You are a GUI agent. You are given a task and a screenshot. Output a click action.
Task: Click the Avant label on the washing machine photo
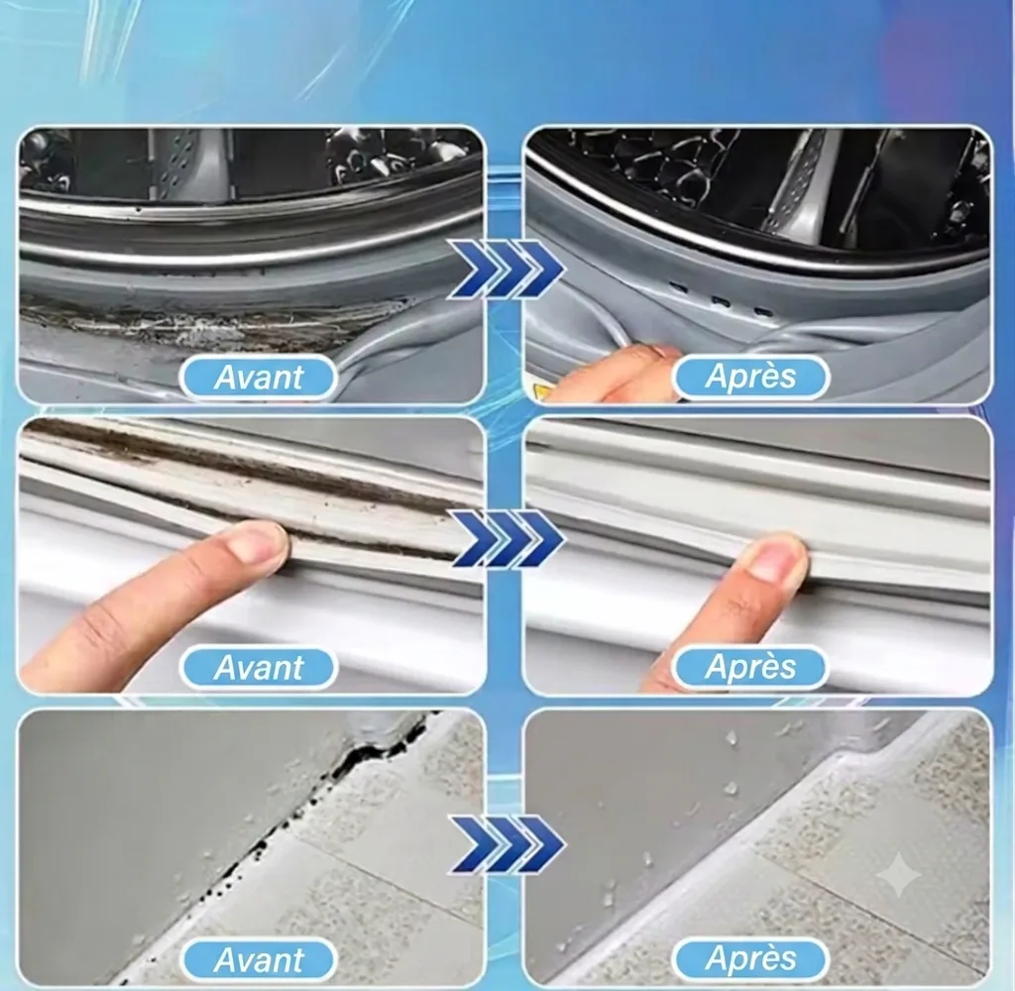coord(259,378)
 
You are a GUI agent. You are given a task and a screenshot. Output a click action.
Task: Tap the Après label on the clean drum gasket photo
coord(751,376)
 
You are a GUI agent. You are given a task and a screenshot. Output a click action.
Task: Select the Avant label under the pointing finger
coord(259,667)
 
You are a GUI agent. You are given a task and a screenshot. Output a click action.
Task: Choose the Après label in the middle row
coord(751,667)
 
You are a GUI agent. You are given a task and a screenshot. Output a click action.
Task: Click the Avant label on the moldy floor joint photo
coord(259,959)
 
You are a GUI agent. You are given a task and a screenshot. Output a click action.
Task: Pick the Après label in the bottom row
coord(751,958)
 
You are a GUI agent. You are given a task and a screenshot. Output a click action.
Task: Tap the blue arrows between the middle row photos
coord(507,538)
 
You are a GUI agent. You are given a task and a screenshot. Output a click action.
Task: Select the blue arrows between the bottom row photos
coord(507,843)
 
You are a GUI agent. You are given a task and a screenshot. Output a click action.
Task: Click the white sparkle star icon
coord(898,874)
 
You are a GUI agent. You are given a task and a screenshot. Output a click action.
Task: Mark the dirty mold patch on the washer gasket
coord(214,324)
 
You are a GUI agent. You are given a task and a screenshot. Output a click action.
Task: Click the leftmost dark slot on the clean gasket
coord(678,287)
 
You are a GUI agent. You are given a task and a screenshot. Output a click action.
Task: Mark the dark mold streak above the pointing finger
coord(253,473)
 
